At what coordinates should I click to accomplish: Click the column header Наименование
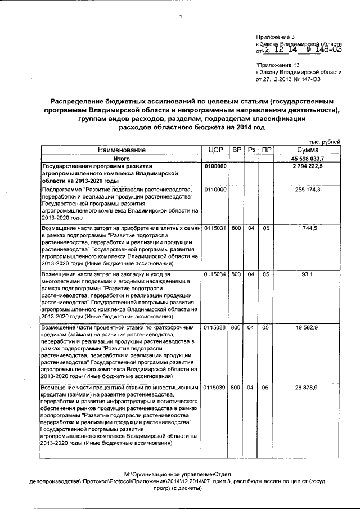(x=121, y=150)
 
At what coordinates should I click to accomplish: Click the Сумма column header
(x=308, y=150)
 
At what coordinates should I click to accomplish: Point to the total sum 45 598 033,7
(x=308, y=159)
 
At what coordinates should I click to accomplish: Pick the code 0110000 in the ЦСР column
(x=215, y=190)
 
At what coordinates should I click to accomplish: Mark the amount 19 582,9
(x=308, y=327)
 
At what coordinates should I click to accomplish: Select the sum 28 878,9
(x=308, y=388)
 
